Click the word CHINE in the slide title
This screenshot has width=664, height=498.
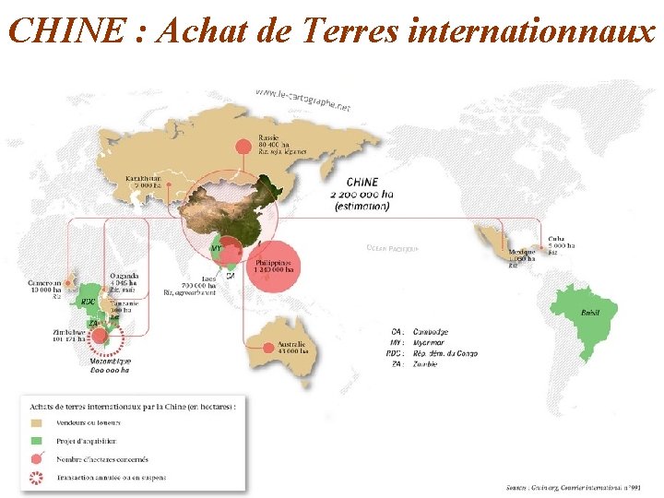(65, 30)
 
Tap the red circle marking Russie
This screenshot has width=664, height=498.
(243, 146)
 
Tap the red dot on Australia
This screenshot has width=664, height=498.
(267, 348)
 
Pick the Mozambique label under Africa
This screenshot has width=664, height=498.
(110, 362)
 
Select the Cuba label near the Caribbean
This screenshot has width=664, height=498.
(559, 238)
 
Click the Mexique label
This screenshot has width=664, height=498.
(521, 252)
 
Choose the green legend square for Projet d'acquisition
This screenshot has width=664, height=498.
(38, 442)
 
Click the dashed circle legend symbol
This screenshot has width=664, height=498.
(38, 478)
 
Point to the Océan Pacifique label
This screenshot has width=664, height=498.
(392, 248)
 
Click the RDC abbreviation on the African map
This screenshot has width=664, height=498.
(88, 302)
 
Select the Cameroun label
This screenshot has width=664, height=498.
(43, 284)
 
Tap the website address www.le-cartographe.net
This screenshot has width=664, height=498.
(303, 101)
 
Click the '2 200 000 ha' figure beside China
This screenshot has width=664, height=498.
(363, 195)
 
